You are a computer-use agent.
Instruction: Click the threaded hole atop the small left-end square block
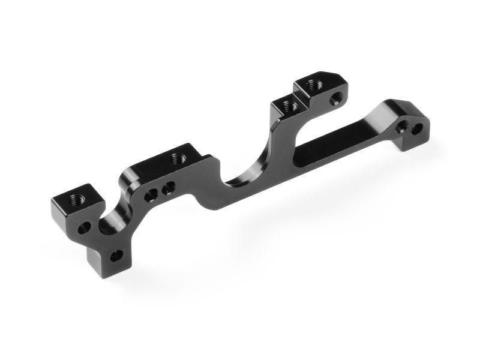point(71,197)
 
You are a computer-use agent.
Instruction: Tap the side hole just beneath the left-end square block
point(88,227)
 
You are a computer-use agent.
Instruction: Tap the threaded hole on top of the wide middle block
point(177,158)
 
